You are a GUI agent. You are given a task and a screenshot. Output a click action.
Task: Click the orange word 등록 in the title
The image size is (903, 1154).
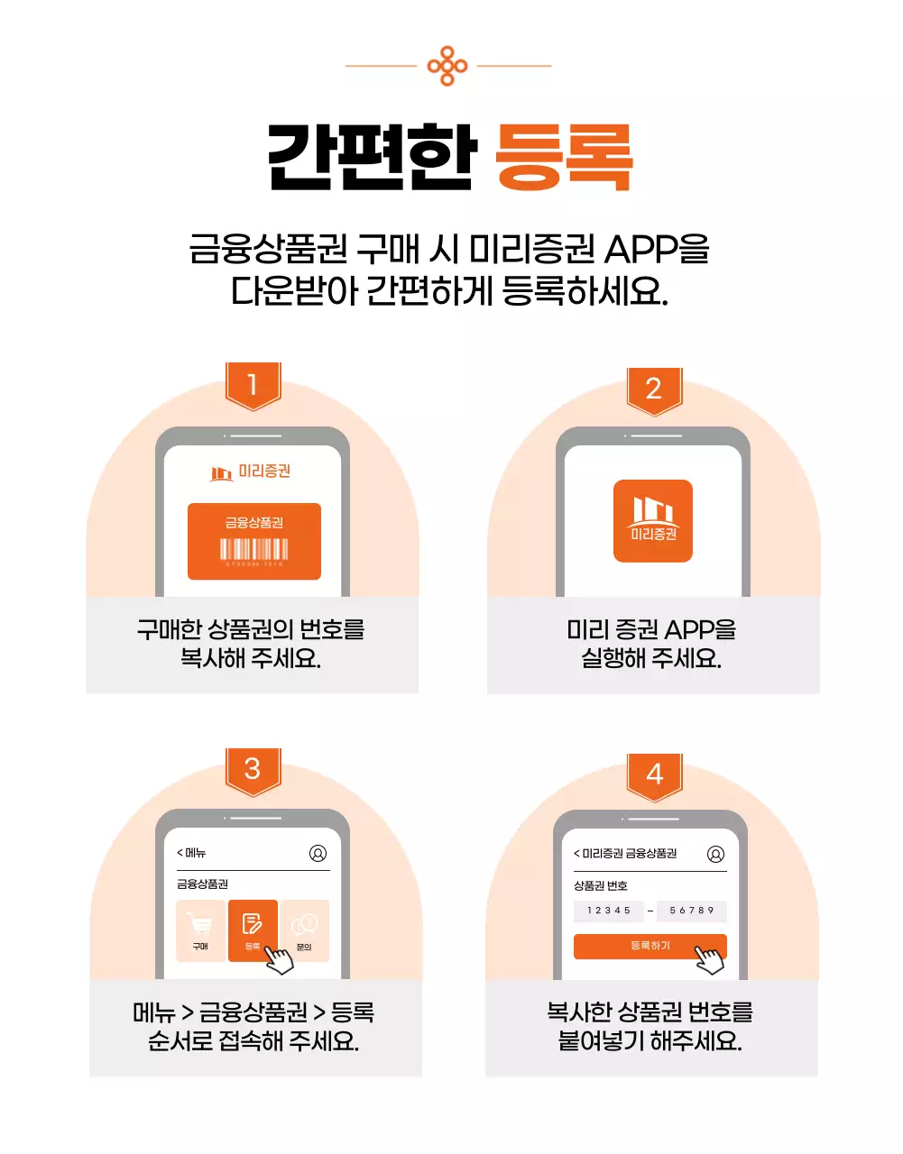tap(564, 159)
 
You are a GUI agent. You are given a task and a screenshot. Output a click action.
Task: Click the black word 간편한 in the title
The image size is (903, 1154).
tap(372, 159)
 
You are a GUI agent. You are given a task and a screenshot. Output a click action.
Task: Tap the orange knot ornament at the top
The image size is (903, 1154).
tap(447, 66)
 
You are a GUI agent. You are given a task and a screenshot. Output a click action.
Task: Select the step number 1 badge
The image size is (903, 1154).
tap(253, 385)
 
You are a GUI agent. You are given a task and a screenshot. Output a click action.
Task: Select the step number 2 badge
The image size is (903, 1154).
tap(654, 389)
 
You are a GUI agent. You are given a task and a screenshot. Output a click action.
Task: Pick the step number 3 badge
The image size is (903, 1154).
tap(253, 769)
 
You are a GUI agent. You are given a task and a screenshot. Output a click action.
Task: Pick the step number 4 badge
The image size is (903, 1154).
tap(654, 774)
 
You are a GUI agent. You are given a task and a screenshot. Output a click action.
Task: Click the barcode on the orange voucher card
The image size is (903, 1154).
tap(254, 549)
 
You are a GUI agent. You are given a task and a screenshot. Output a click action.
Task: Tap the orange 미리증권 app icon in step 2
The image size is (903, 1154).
tap(653, 521)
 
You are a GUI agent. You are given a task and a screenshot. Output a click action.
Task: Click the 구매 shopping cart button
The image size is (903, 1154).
tap(200, 930)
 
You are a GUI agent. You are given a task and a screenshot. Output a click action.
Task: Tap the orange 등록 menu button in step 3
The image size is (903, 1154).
tap(253, 930)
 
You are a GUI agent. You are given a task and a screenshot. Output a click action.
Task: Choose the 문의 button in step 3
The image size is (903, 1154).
tap(305, 930)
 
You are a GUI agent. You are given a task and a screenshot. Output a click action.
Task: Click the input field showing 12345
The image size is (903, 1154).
tap(609, 911)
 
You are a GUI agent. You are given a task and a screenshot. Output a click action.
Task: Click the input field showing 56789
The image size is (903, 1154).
tap(692, 911)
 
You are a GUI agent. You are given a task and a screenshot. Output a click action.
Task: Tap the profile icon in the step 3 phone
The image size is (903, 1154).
tap(318, 853)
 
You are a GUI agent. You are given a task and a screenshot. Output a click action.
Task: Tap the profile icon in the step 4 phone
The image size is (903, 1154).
tap(715, 854)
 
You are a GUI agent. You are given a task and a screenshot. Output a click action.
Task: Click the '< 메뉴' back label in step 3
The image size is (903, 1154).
tap(192, 853)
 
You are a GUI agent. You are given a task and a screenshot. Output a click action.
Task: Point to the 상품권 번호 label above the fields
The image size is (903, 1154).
tap(601, 885)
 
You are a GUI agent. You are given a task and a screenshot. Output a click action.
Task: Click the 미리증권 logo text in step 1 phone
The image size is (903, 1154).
tap(263, 472)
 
